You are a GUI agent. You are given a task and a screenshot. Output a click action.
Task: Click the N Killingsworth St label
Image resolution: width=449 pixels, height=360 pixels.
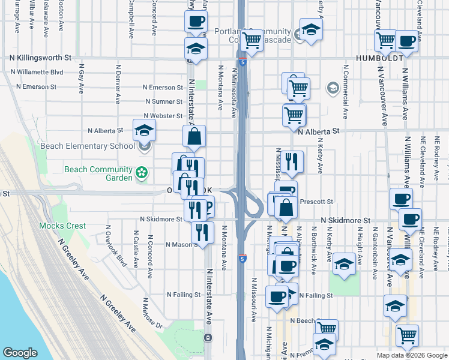[x=40, y=58]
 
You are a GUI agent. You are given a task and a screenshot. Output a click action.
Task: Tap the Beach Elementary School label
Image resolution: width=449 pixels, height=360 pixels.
[x=88, y=146]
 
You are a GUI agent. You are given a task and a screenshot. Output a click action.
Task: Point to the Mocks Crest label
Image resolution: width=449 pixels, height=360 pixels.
[x=62, y=226]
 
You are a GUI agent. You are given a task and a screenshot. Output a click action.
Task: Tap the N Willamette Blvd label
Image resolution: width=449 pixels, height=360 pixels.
[x=41, y=72]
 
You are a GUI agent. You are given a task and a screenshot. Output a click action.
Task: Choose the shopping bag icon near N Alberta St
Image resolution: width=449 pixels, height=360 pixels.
[x=194, y=137]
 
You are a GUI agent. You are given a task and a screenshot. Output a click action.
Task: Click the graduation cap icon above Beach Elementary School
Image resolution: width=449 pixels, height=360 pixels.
[x=145, y=130]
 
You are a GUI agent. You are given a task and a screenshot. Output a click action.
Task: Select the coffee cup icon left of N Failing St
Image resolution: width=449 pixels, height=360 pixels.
[x=277, y=296]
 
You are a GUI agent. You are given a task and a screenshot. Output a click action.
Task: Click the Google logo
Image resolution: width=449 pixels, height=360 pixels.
[x=20, y=353]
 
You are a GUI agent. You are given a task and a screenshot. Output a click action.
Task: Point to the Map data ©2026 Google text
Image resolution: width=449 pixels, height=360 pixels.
[x=411, y=355]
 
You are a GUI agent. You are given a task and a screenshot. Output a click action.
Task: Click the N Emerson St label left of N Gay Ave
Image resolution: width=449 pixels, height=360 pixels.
[x=36, y=86]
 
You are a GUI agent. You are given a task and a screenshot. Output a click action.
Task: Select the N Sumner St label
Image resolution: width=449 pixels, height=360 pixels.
[x=163, y=102]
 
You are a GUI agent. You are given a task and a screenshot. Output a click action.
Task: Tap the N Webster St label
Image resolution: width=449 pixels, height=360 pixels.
[x=163, y=116]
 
